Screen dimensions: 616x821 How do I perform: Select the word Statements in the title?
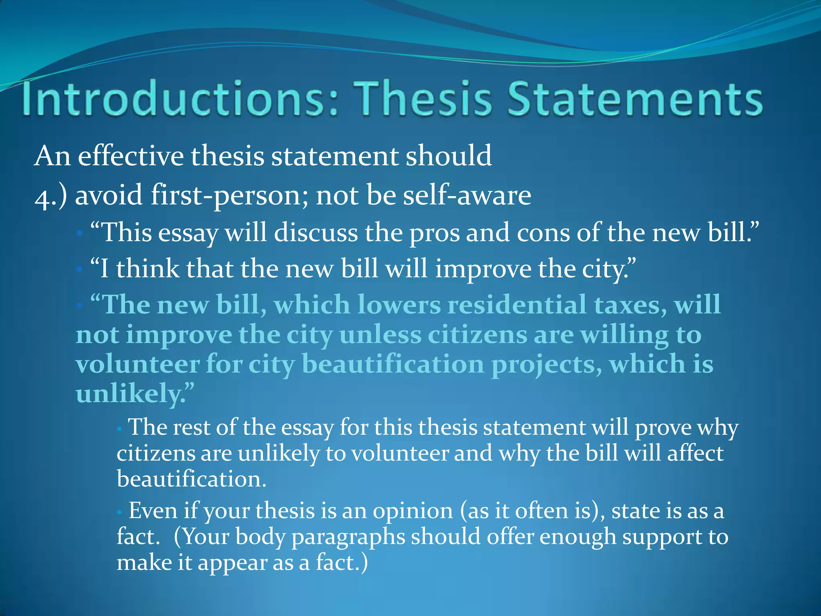point(635,98)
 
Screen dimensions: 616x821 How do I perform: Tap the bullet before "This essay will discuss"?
point(79,233)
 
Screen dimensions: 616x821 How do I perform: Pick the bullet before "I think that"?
point(79,269)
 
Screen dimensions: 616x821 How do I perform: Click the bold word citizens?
point(477,334)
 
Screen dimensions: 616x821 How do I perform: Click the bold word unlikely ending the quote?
point(128,394)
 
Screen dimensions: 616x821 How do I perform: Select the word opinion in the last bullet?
point(413,511)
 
